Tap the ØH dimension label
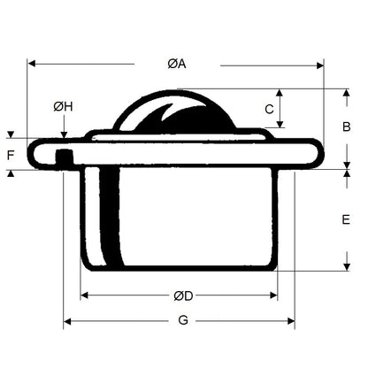[63, 107]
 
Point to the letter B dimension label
[346, 126]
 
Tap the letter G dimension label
[183, 320]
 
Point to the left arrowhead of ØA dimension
[32, 64]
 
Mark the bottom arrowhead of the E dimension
[345, 267]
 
